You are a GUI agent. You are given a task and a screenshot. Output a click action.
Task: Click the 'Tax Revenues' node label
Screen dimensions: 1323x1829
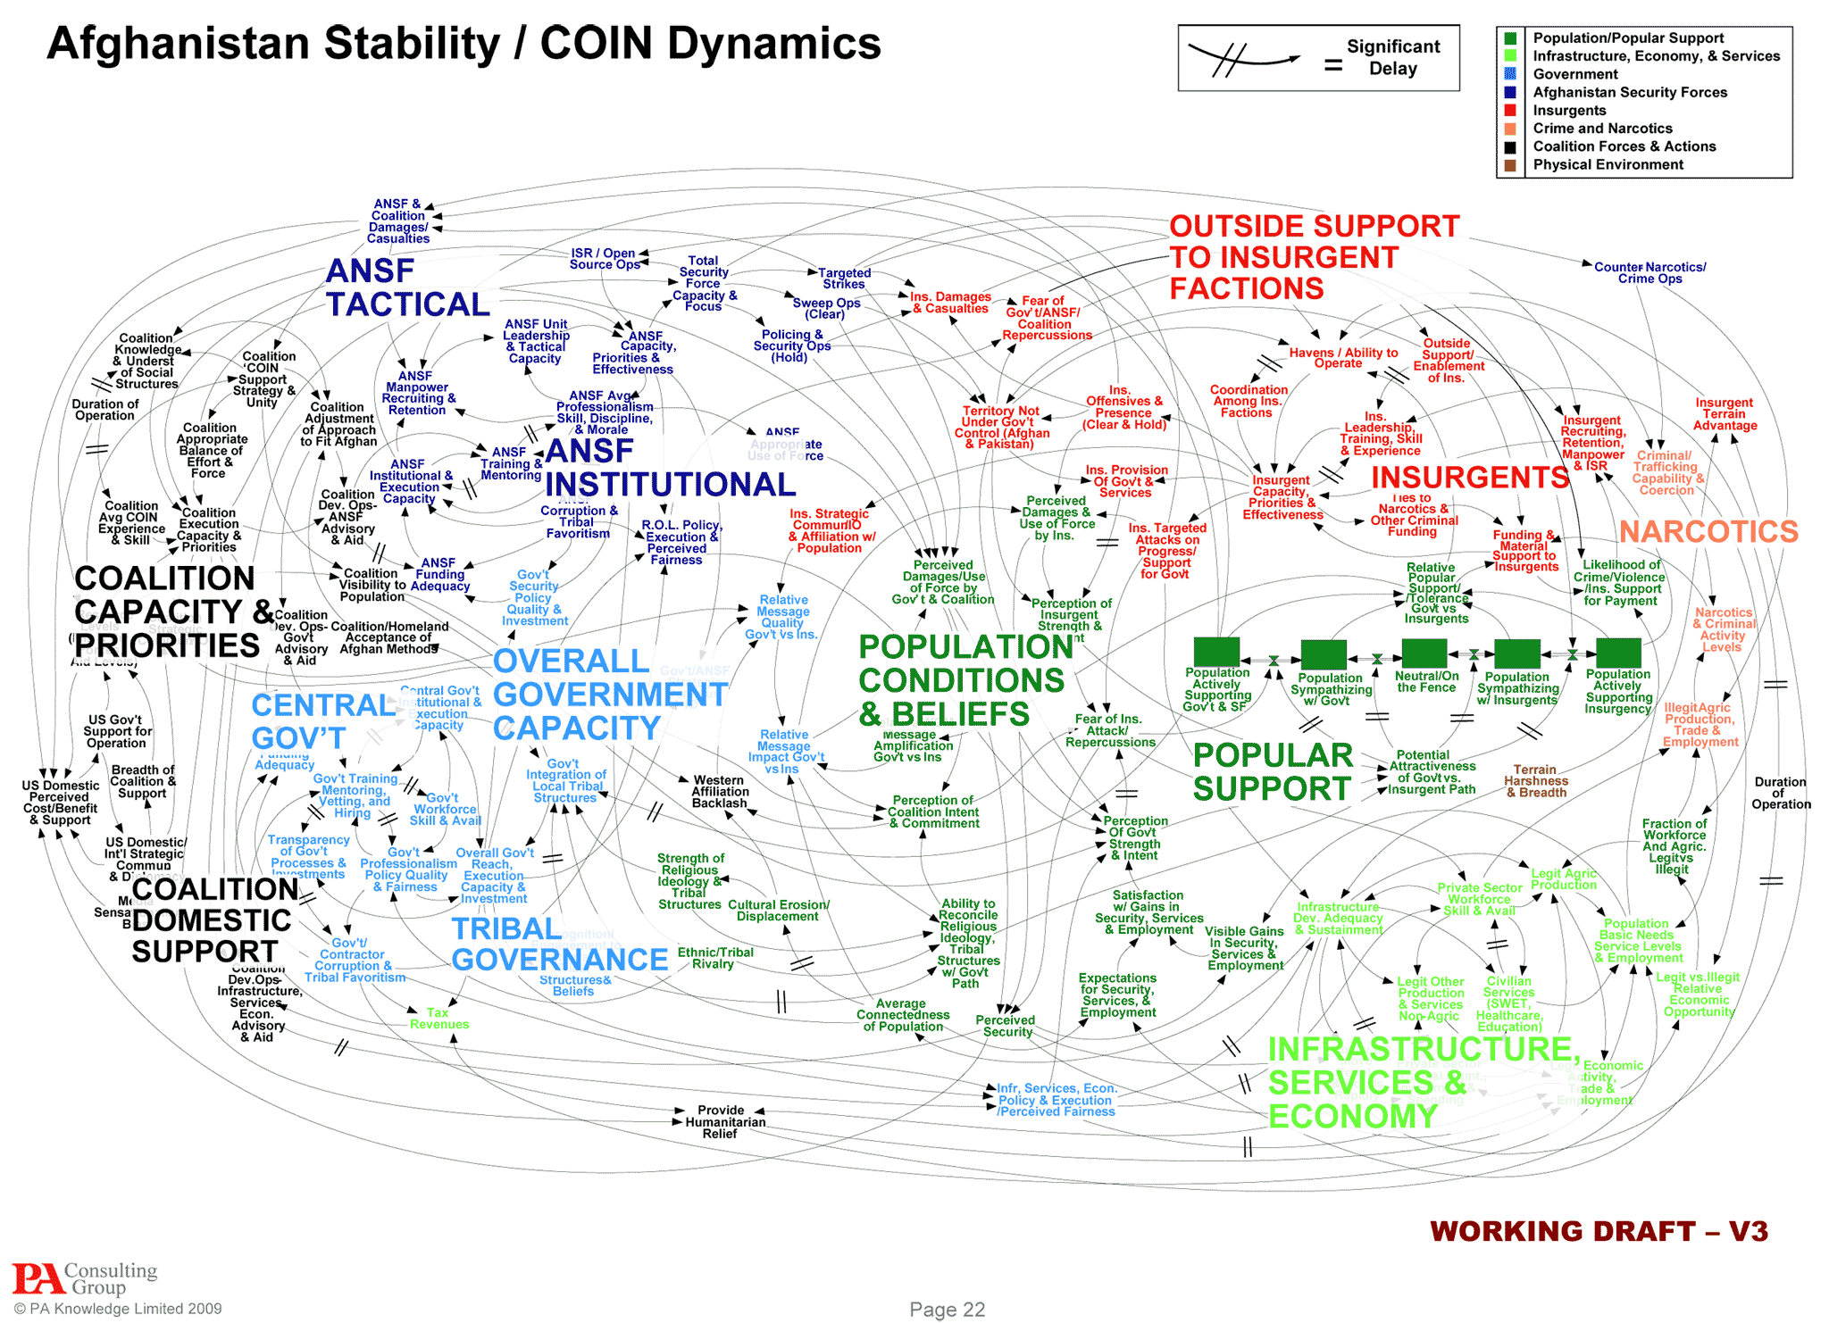point(438,1019)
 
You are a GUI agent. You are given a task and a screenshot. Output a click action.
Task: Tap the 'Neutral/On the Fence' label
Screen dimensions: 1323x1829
point(1426,682)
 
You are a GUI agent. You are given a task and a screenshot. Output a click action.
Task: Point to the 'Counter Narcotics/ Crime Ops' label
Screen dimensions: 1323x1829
point(1649,273)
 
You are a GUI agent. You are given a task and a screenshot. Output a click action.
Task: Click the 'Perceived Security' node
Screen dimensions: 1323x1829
point(1006,1026)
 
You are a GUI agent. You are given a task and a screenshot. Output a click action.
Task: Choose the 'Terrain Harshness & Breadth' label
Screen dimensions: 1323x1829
point(1535,781)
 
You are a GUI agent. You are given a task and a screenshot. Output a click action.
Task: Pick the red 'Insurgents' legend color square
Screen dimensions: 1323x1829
point(1510,111)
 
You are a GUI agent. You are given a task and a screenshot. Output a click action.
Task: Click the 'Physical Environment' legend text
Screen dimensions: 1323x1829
point(1608,165)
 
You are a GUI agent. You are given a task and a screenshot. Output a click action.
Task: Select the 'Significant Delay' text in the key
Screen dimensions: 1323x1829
point(1393,58)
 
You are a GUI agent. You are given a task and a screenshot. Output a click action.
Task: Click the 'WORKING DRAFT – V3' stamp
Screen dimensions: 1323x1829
point(1599,1231)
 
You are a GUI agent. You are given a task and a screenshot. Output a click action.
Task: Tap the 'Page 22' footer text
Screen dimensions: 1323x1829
point(947,1309)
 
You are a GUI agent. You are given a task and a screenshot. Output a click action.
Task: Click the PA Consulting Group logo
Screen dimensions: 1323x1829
point(85,1278)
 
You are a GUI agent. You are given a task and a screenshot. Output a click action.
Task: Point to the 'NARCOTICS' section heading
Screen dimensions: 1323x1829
point(1708,532)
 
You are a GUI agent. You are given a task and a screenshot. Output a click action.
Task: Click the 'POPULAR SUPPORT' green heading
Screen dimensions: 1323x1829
point(1273,772)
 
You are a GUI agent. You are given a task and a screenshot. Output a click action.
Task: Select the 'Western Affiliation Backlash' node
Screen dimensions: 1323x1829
point(720,792)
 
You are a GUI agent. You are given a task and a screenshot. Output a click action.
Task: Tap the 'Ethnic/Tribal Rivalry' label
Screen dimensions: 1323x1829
point(715,958)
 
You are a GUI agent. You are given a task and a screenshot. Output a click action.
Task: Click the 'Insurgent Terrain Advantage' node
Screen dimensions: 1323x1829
point(1724,414)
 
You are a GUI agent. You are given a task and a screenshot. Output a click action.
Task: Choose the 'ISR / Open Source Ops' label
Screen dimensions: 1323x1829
point(604,259)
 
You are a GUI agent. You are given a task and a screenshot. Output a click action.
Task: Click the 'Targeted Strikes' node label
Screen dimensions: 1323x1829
point(844,279)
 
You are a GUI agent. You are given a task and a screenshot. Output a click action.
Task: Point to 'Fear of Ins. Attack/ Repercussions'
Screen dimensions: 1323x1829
point(1109,730)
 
